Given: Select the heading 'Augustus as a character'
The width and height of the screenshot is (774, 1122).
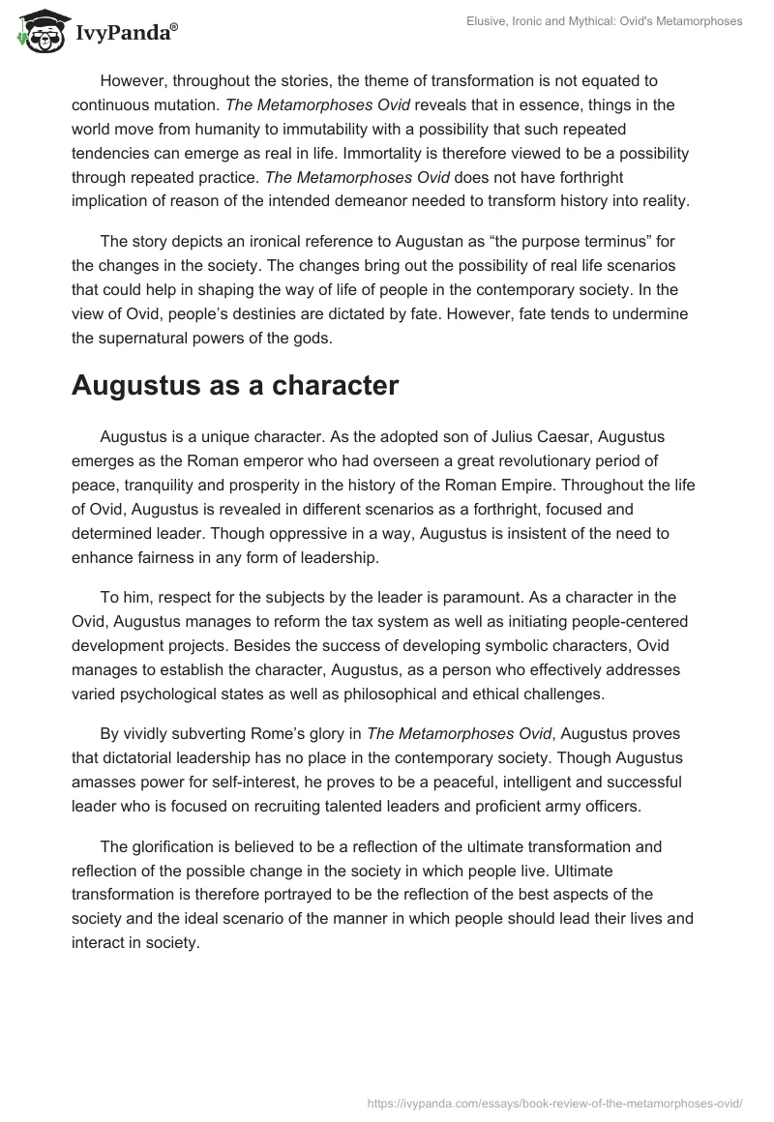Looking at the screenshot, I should click(x=234, y=385).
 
